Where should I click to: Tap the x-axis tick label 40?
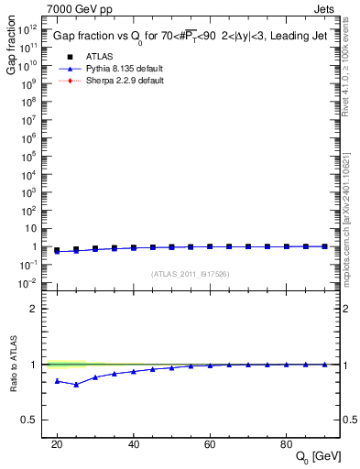(x=134, y=443)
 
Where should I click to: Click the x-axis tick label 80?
(x=286, y=443)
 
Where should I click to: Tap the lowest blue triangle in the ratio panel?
(x=76, y=385)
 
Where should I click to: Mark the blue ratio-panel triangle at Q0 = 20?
(x=57, y=380)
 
